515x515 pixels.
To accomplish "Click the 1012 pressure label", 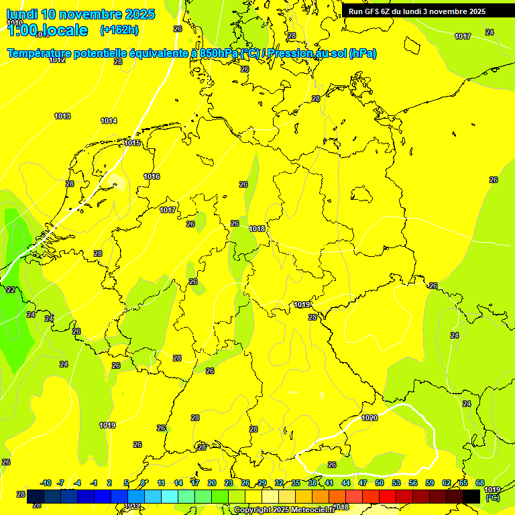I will pos(57,60).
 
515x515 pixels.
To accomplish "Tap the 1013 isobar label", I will pos(62,117).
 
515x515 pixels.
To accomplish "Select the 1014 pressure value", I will pos(109,121).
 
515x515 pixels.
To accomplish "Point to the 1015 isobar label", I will pos(132,144).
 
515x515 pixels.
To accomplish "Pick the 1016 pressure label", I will pos(152,177).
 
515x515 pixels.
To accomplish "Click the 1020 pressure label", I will pos(369,418).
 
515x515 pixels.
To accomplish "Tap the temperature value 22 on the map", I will pos(11,290).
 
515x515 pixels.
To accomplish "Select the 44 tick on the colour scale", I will pos(346,483).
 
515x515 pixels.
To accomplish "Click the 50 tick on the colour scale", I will pos(380,483).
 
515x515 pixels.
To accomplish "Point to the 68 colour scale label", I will pos(480,483).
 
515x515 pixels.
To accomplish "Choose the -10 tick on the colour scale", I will pos(46,483).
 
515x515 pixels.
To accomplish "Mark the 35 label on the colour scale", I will pos(296,483).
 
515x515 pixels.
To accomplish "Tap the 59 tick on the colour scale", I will pos(430,483).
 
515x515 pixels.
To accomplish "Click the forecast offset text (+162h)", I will pos(119,30).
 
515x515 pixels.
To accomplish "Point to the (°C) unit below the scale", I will pos(493,498).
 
